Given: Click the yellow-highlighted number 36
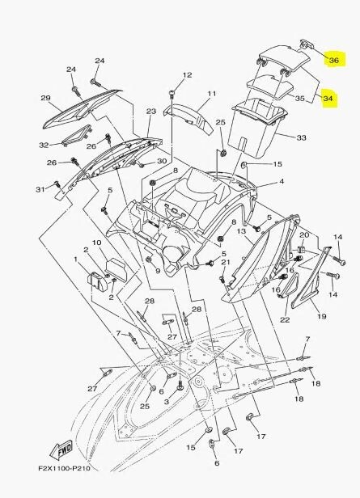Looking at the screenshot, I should (x=332, y=61).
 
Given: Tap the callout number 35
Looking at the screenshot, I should (x=299, y=99).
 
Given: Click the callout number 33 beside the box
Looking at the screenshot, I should (x=301, y=138).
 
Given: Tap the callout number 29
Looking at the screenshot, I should (x=45, y=99).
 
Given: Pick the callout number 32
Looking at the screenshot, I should (x=43, y=145).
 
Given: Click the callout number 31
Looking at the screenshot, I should (x=38, y=189).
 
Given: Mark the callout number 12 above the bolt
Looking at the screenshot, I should (x=187, y=75).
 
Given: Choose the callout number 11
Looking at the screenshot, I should (x=211, y=95).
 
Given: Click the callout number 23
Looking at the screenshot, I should (x=151, y=111).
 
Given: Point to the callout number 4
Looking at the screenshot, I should (x=281, y=183).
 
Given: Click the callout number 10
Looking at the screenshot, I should (x=95, y=243).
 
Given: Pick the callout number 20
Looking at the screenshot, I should (x=304, y=235).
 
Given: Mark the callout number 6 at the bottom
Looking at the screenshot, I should (x=217, y=463).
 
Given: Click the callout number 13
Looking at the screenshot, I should (x=241, y=231).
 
